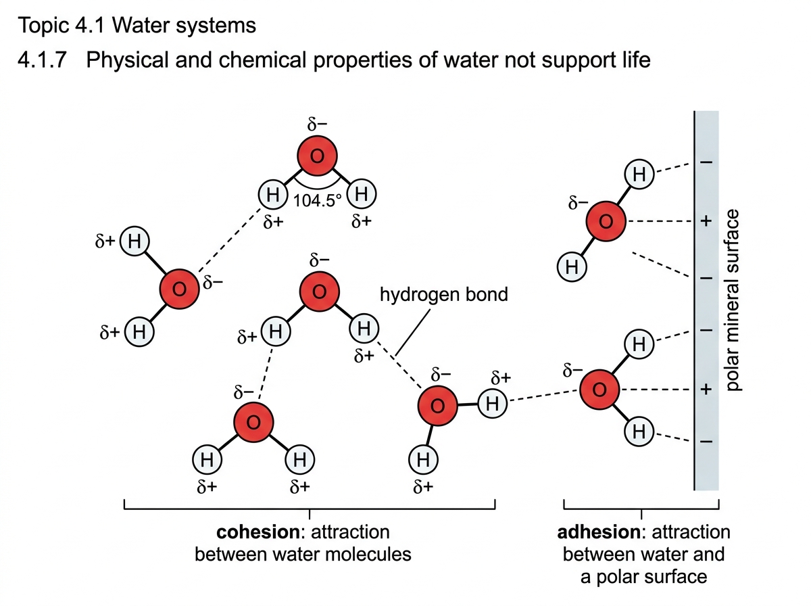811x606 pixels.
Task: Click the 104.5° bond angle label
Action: coord(318,201)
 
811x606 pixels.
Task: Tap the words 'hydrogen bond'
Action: coord(444,294)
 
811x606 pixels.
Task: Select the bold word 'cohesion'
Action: coord(258,532)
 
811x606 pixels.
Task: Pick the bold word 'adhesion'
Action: coord(599,532)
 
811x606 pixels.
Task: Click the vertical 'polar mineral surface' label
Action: coord(733,300)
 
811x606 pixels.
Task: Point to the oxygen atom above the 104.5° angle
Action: coord(317,156)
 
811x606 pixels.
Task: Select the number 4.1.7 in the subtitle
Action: coord(42,60)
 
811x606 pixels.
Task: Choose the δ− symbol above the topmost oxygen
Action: coord(317,124)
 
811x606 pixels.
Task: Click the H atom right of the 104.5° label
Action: coord(361,193)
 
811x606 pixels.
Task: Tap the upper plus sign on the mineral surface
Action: coord(706,221)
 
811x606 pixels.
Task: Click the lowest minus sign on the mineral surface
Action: coord(706,442)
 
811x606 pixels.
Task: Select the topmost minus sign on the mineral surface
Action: coord(706,162)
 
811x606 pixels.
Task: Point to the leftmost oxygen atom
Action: coord(179,289)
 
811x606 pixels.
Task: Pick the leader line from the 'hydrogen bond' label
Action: coord(412,333)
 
